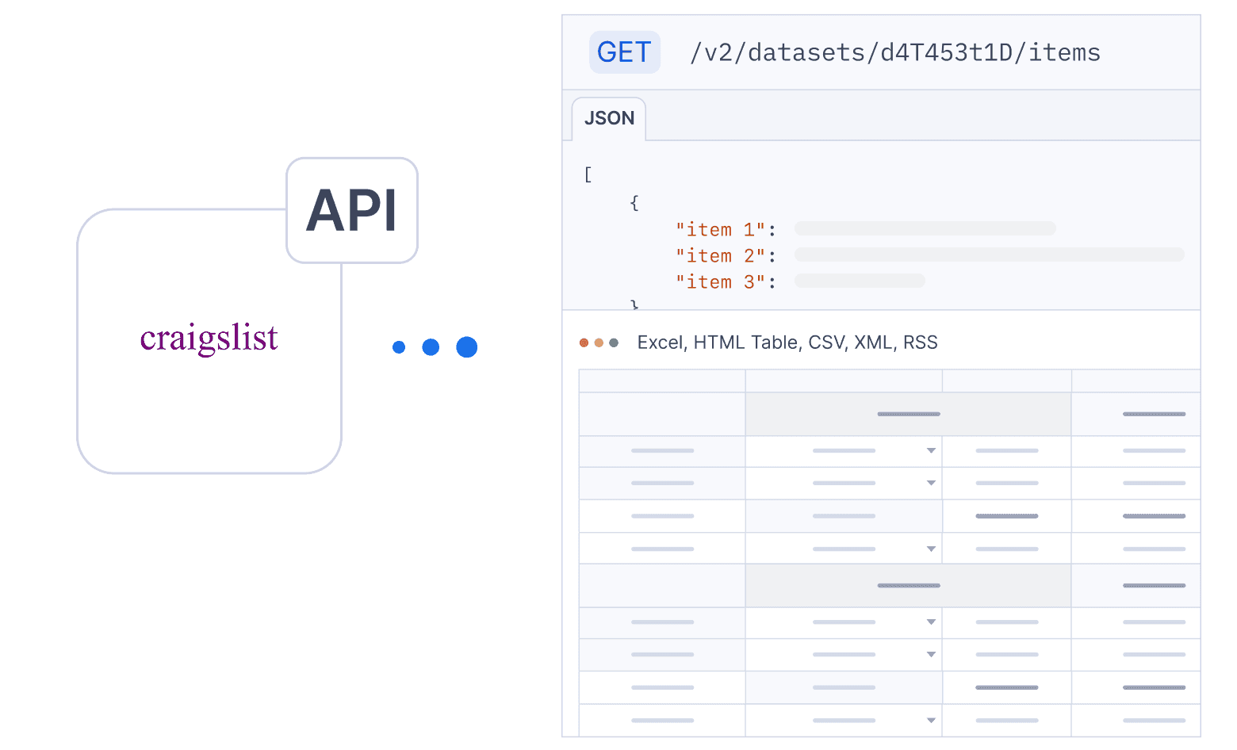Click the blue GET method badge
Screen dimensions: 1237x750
(x=625, y=52)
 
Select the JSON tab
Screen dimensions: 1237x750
(x=608, y=118)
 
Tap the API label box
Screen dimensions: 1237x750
(x=352, y=210)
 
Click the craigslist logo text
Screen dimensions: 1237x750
(x=209, y=338)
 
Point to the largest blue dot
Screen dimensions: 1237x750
(x=466, y=346)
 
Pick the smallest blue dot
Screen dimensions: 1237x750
(x=399, y=346)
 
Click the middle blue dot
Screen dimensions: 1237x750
(x=431, y=346)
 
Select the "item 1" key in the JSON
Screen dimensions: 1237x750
(x=720, y=229)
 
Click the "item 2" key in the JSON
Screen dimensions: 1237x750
(x=720, y=256)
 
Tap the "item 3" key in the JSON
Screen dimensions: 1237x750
(x=720, y=282)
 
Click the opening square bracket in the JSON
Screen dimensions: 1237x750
(x=588, y=174)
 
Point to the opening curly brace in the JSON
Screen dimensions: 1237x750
(x=634, y=203)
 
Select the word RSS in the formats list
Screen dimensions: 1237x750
(x=920, y=342)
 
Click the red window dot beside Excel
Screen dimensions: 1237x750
(x=584, y=343)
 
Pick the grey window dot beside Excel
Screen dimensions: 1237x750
(x=614, y=343)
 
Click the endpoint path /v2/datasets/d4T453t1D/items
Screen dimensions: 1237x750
(x=895, y=53)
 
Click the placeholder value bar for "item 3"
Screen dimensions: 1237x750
(x=860, y=281)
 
